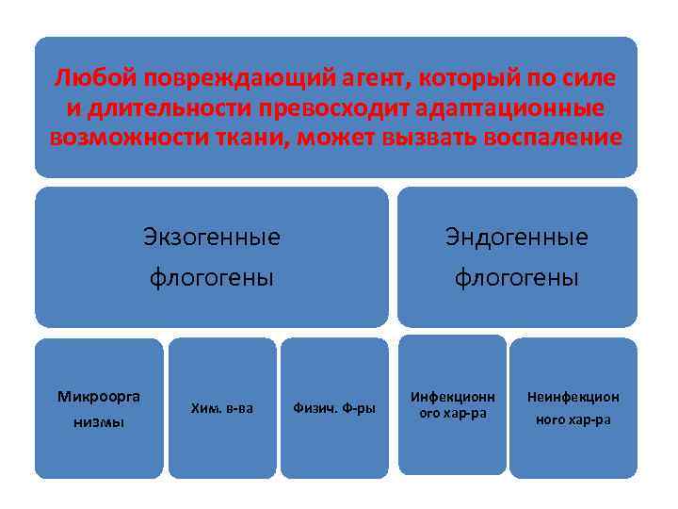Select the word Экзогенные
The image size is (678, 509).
point(211,237)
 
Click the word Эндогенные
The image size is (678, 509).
point(516,237)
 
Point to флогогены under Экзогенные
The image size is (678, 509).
point(211,278)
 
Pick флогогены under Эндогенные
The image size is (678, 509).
point(516,278)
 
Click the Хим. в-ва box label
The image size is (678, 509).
point(221,408)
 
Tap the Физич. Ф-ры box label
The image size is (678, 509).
point(334,408)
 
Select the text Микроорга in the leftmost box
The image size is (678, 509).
point(99,394)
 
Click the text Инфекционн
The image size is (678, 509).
point(452,397)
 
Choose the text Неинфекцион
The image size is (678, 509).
point(573,397)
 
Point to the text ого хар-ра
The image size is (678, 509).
point(452,414)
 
